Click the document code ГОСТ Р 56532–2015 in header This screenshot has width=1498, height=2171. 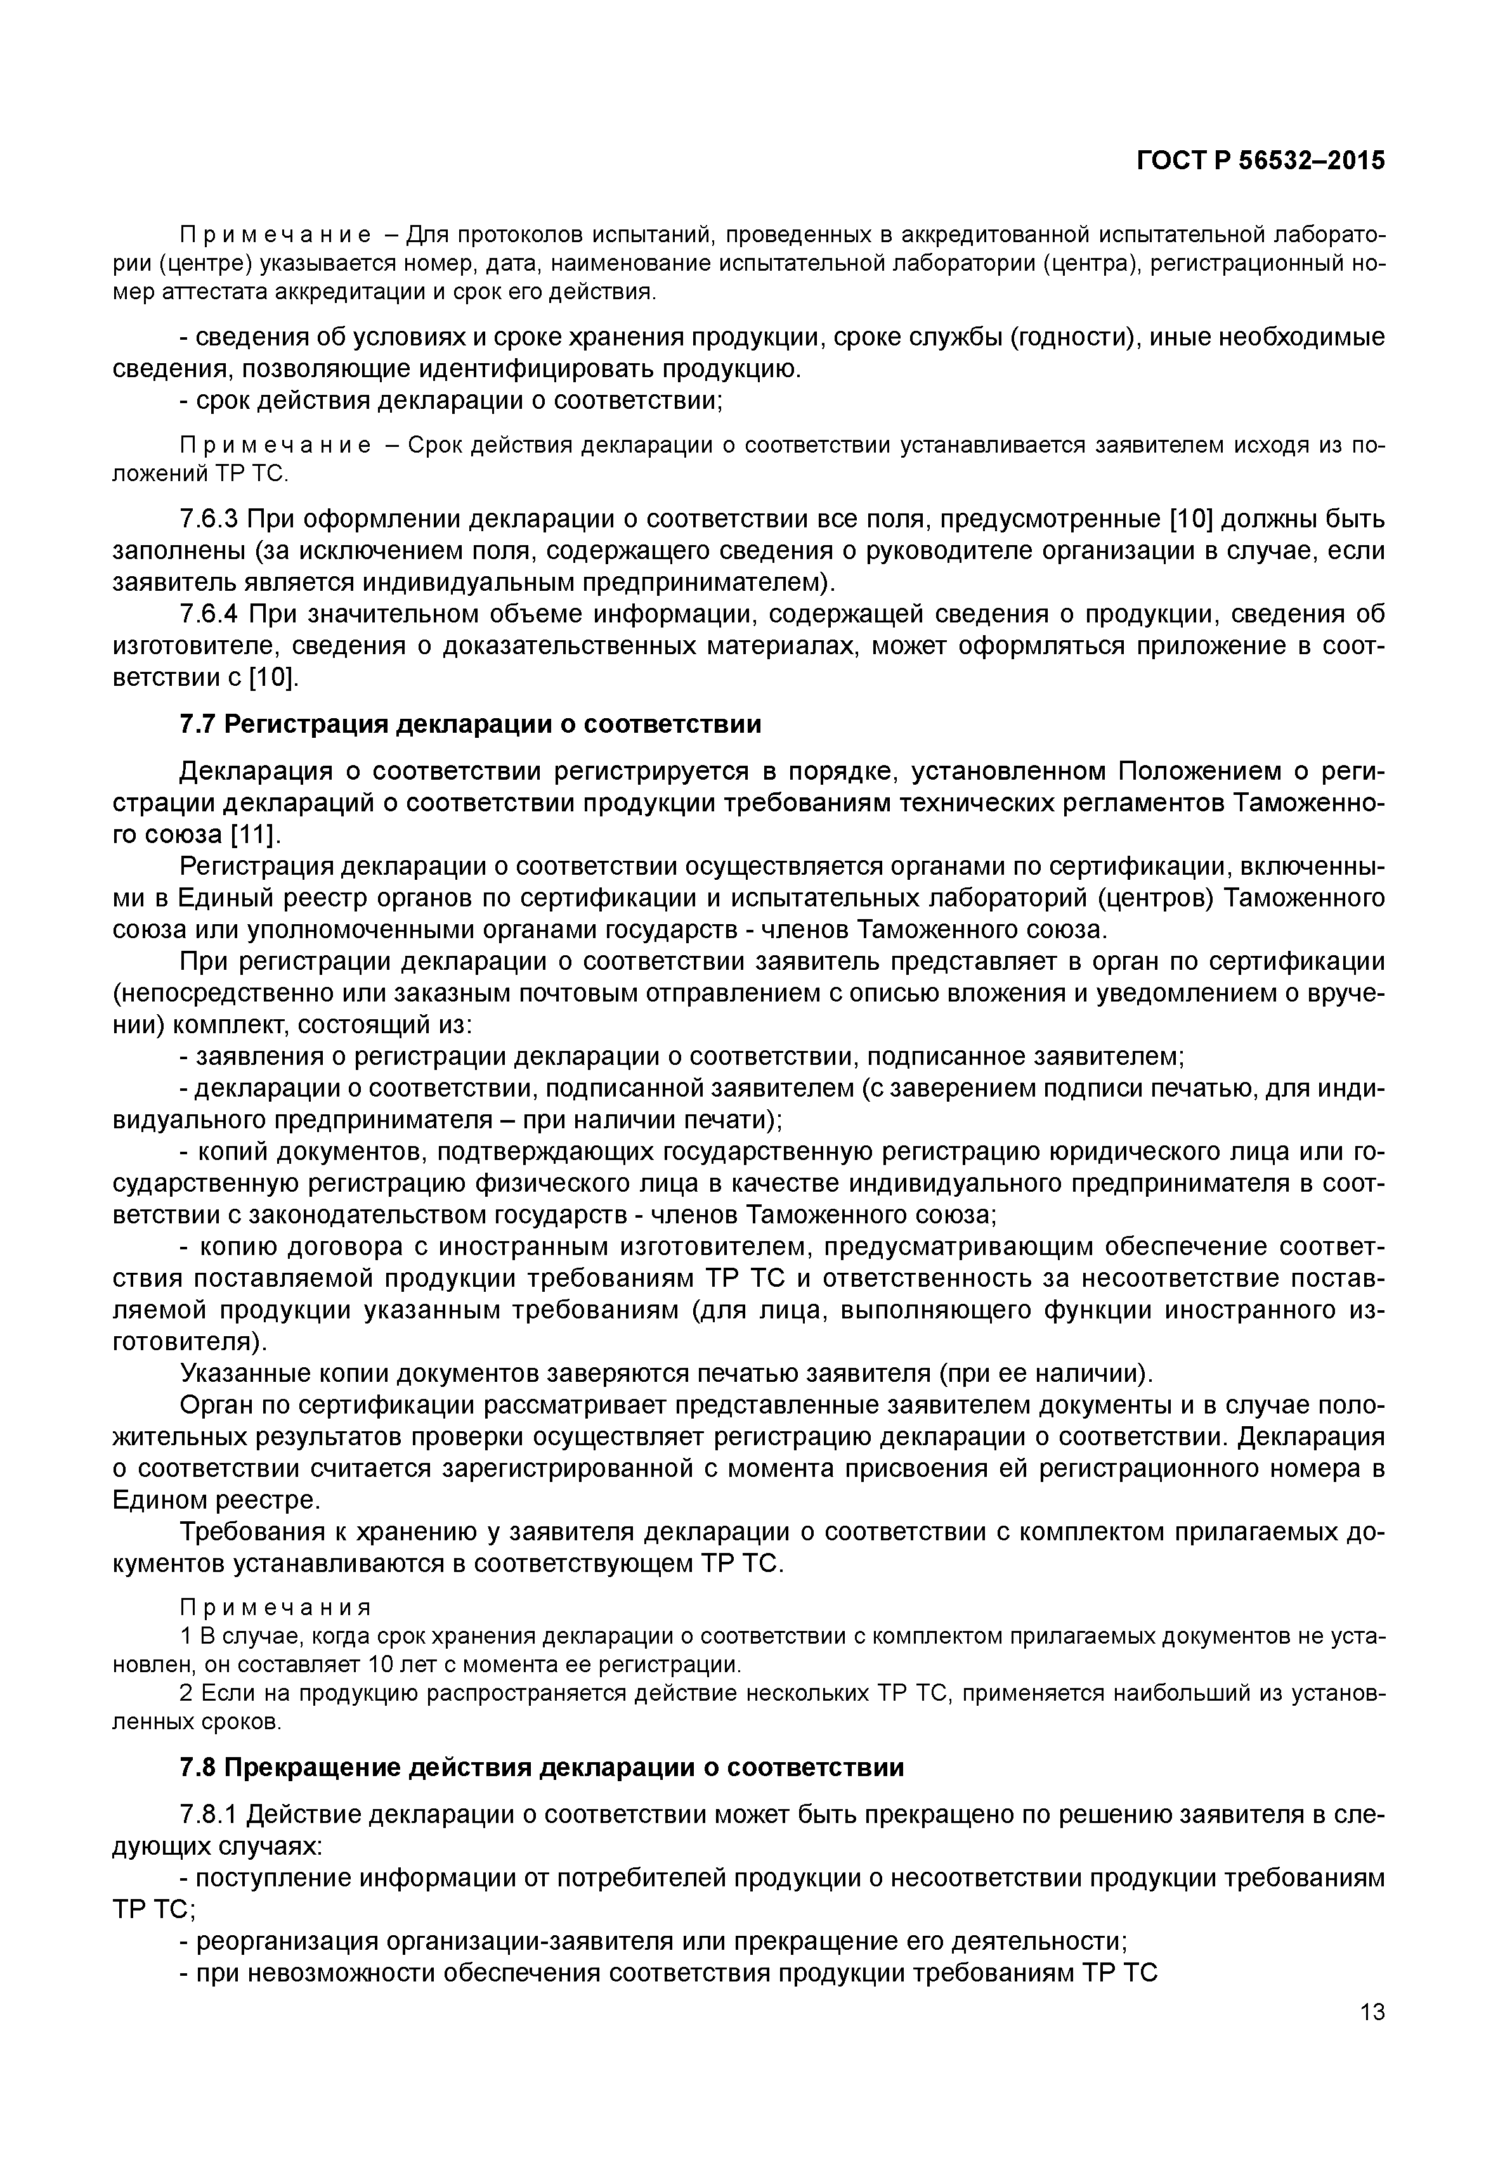pos(1261,160)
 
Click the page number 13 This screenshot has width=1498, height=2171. pos(1371,2011)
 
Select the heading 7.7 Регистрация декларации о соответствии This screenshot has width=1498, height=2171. pos(469,725)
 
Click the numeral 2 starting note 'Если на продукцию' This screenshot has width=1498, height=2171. pos(185,1694)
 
